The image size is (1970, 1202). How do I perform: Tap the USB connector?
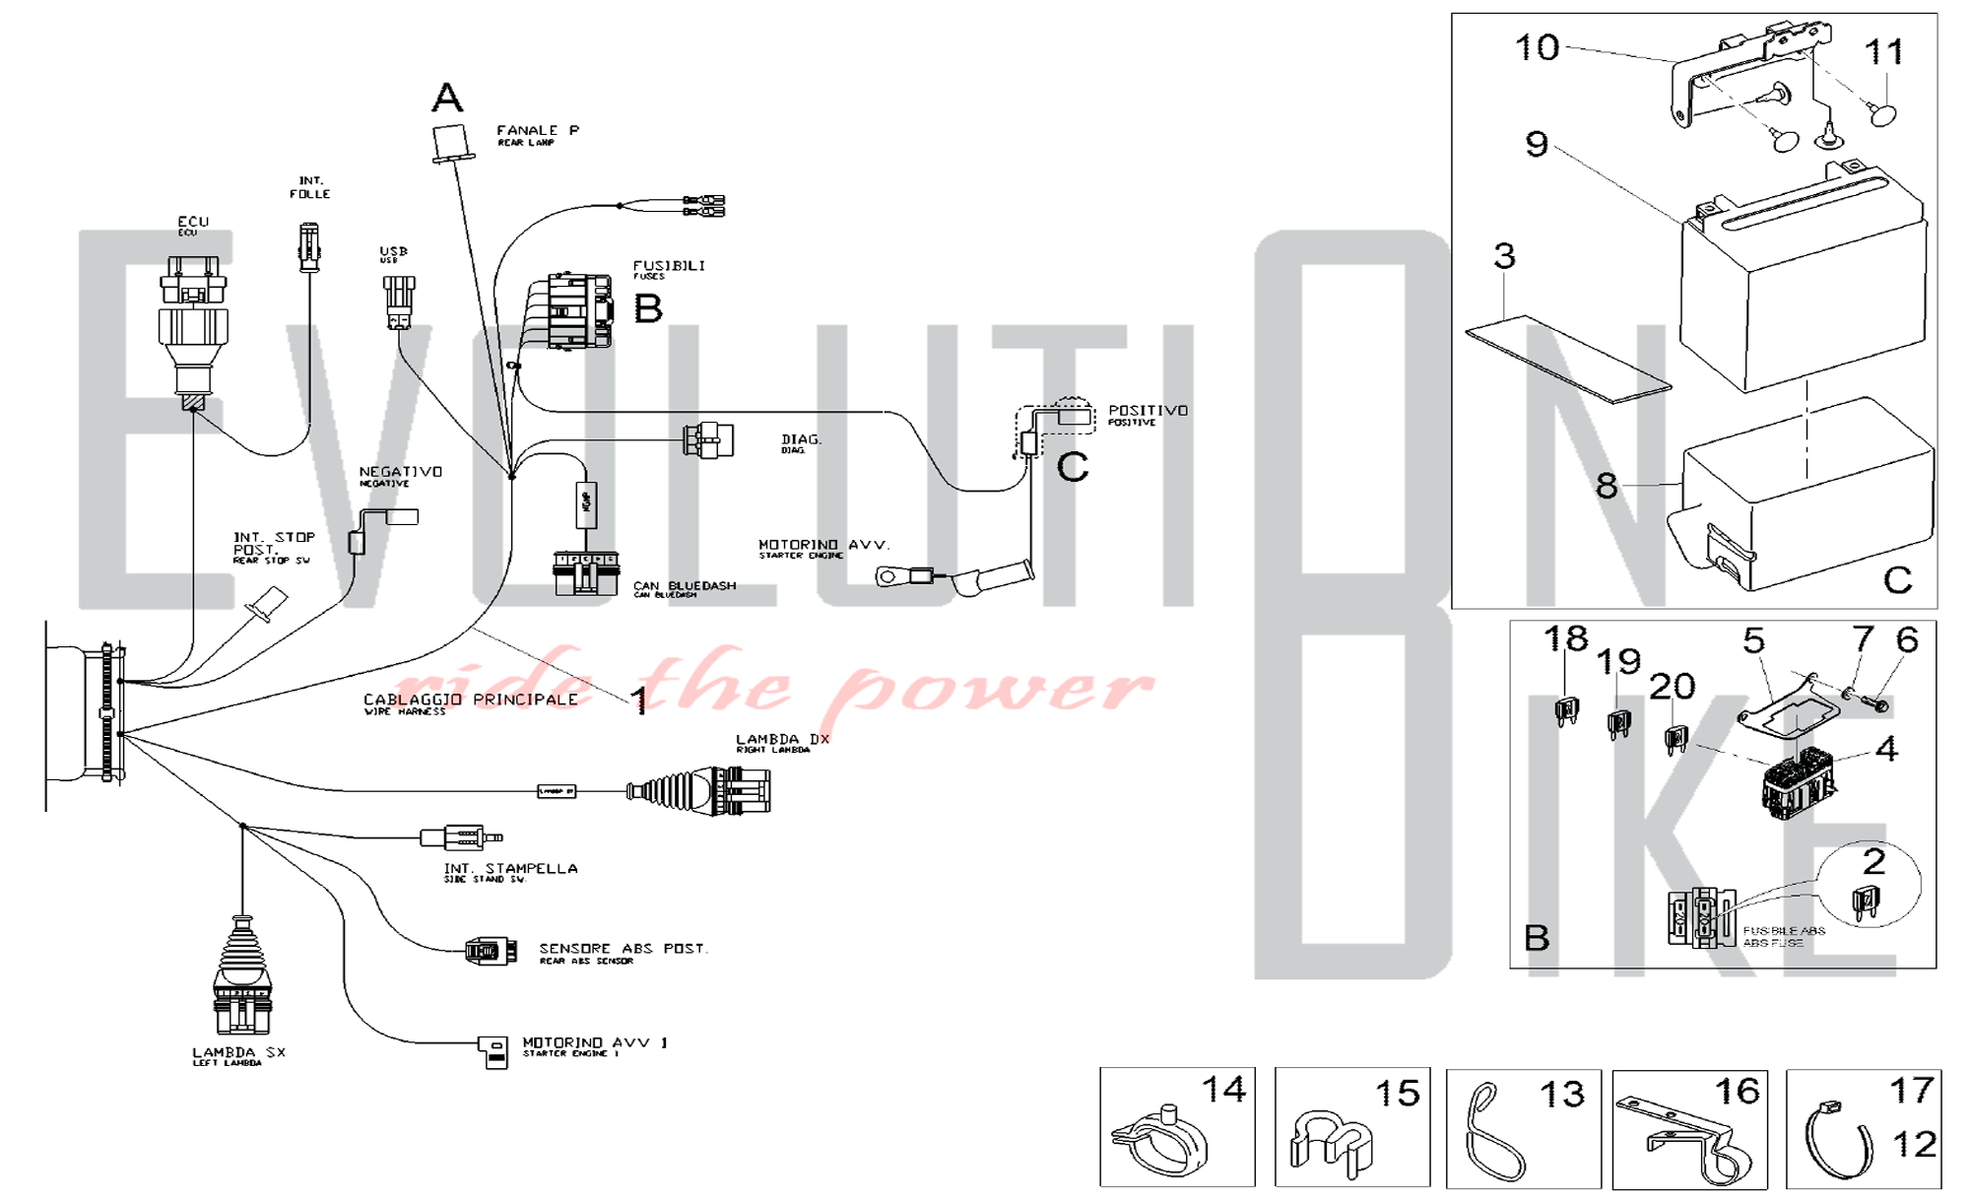coord(398,301)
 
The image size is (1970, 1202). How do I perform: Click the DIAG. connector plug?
coord(708,439)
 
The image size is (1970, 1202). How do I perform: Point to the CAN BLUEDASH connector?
coord(586,572)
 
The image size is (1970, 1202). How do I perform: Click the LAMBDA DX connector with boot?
coord(701,790)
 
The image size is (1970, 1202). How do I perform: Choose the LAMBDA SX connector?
coord(241,980)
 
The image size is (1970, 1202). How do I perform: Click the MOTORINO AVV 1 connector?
coord(493,1051)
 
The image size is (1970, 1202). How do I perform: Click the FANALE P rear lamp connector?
coord(450,144)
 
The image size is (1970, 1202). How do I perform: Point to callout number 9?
coord(1537,145)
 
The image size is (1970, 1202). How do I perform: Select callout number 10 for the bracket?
coord(1537,47)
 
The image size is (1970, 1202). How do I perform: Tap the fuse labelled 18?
coord(1566,710)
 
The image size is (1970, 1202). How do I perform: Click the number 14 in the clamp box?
coord(1223,1090)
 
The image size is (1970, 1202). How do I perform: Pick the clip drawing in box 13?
coord(1492,1133)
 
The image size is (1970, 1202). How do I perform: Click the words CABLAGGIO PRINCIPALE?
coord(471,700)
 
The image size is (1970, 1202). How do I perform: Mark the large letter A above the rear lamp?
coord(447,98)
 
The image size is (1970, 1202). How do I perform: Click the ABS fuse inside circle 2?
coord(1866,901)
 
